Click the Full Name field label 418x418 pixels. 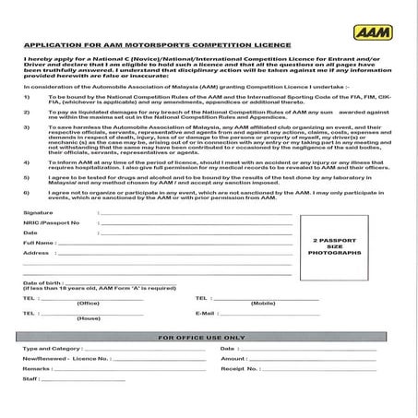[x=39, y=243]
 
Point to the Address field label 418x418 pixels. [x=36, y=253]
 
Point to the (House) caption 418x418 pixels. [x=89, y=318]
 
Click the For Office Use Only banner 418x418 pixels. [x=209, y=338]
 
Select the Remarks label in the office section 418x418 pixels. [x=36, y=368]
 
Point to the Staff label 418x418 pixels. [x=30, y=378]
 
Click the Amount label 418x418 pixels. [x=233, y=359]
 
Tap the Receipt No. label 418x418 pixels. [x=238, y=368]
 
